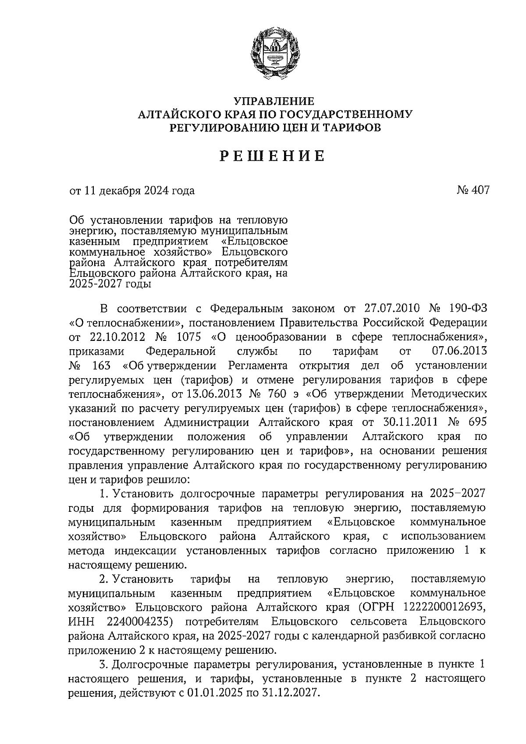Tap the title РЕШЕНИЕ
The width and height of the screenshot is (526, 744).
(x=272, y=156)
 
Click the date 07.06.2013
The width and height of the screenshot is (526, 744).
(x=456, y=352)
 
